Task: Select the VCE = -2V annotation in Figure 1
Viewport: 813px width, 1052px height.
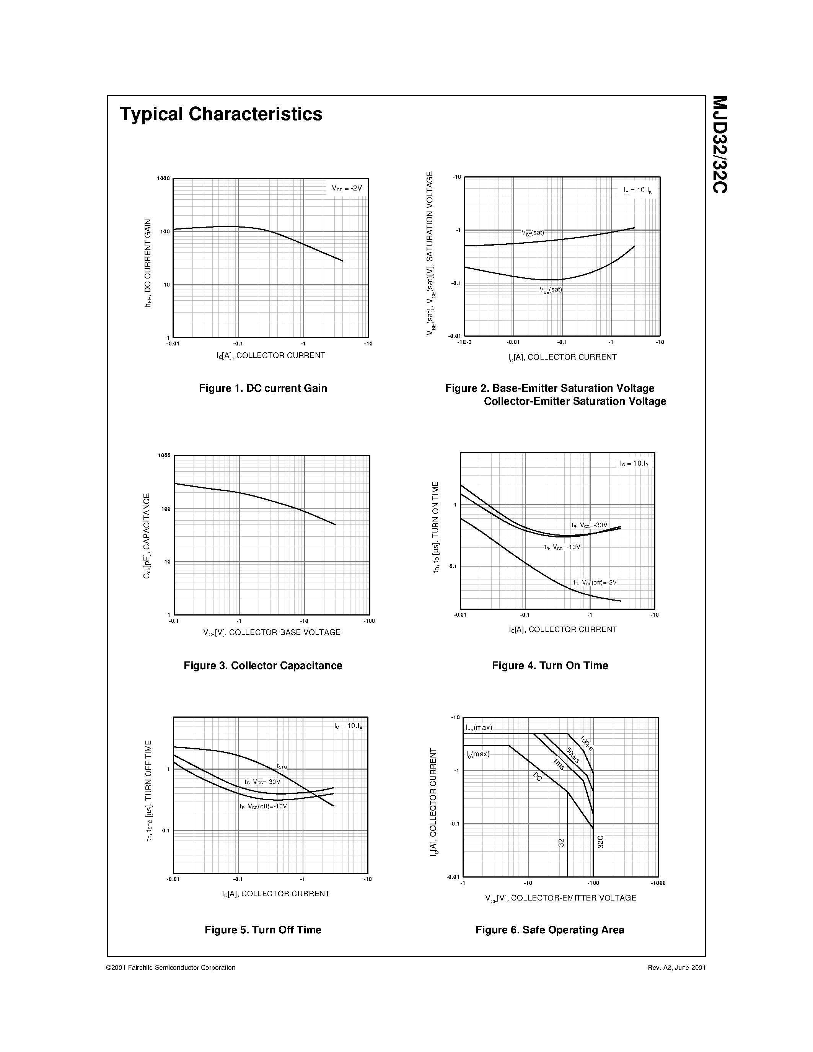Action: [x=346, y=188]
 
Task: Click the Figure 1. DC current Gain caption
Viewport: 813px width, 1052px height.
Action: [x=263, y=388]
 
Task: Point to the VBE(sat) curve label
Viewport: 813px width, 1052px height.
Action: [x=533, y=233]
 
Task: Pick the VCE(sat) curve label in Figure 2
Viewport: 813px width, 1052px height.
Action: [x=551, y=290]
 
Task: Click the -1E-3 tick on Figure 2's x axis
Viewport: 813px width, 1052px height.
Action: [x=464, y=342]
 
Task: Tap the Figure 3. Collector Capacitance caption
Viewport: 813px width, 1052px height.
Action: [x=263, y=666]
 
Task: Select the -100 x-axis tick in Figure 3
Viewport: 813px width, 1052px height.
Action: [x=369, y=621]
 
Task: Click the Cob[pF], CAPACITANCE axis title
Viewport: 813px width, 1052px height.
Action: [x=147, y=536]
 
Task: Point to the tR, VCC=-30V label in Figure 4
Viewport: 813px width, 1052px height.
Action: [x=589, y=526]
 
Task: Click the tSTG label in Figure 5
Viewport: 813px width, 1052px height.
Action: [x=282, y=766]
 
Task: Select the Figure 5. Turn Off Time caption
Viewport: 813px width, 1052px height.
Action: [x=263, y=930]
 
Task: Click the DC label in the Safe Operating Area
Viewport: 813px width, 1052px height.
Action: [x=538, y=777]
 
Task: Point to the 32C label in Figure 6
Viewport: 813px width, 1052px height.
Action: [x=600, y=842]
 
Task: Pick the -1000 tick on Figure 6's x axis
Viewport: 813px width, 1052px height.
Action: [x=658, y=883]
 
